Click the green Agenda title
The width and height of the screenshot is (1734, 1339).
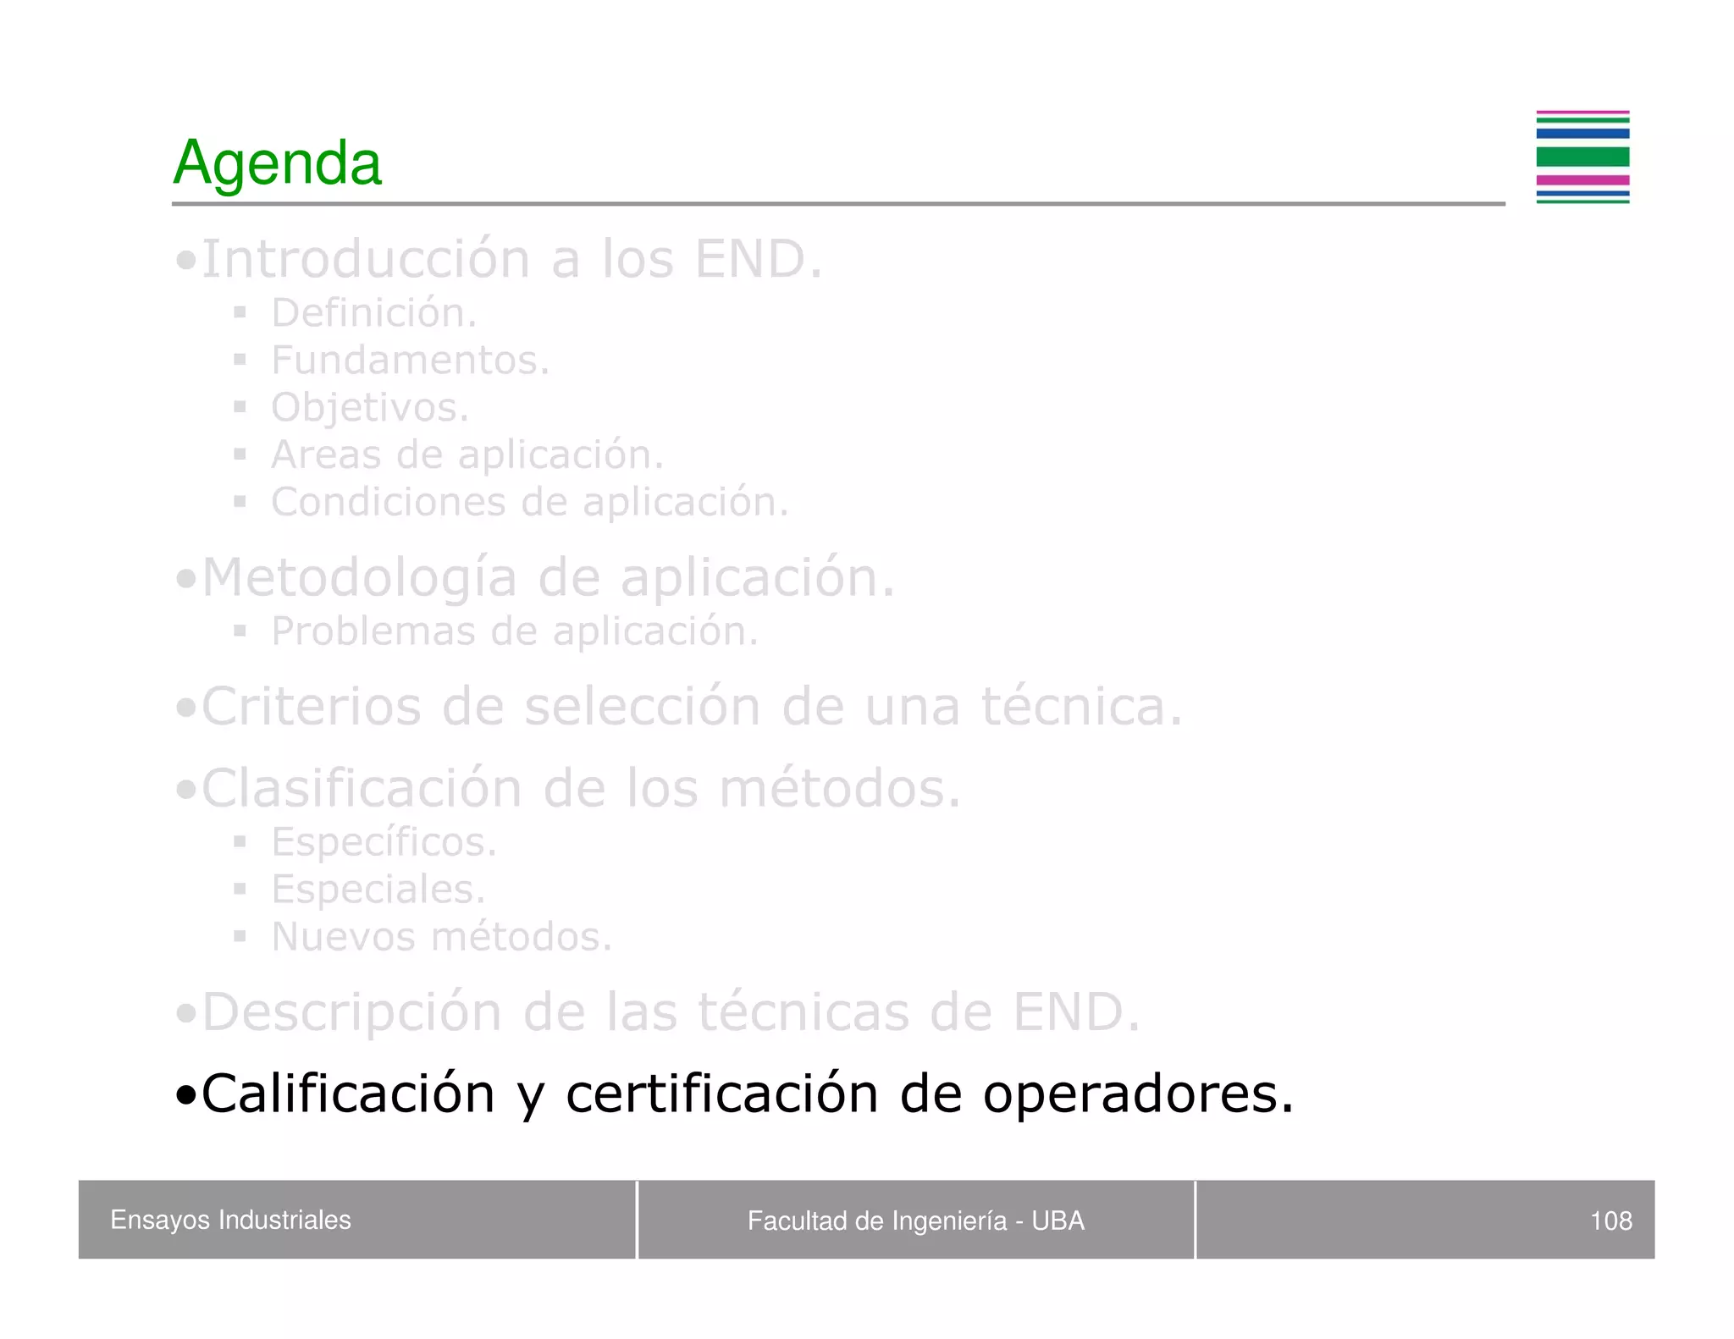pyautogui.click(x=277, y=163)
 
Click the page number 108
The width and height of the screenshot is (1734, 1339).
pyautogui.click(x=1610, y=1221)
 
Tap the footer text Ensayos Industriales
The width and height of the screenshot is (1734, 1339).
pyautogui.click(x=230, y=1220)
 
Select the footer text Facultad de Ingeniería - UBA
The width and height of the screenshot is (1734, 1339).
pyautogui.click(x=915, y=1221)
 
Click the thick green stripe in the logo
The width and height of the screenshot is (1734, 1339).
pyautogui.click(x=1582, y=157)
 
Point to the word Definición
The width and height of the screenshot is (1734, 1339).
pyautogui.click(x=373, y=313)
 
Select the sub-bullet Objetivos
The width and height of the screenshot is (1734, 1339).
pyautogui.click(x=369, y=408)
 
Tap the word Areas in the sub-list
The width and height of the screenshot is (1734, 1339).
pyautogui.click(x=326, y=455)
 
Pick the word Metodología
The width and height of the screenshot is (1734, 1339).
pyautogui.click(x=359, y=578)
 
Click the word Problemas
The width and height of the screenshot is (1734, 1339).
pyautogui.click(x=373, y=631)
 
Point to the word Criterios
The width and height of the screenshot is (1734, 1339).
pyautogui.click(x=311, y=706)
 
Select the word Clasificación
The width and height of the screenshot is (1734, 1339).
pyautogui.click(x=362, y=788)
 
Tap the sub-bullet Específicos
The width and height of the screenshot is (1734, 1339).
pyautogui.click(x=384, y=842)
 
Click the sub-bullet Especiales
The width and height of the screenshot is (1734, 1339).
pyautogui.click(x=378, y=890)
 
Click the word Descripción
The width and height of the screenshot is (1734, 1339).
pyautogui.click(x=351, y=1012)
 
